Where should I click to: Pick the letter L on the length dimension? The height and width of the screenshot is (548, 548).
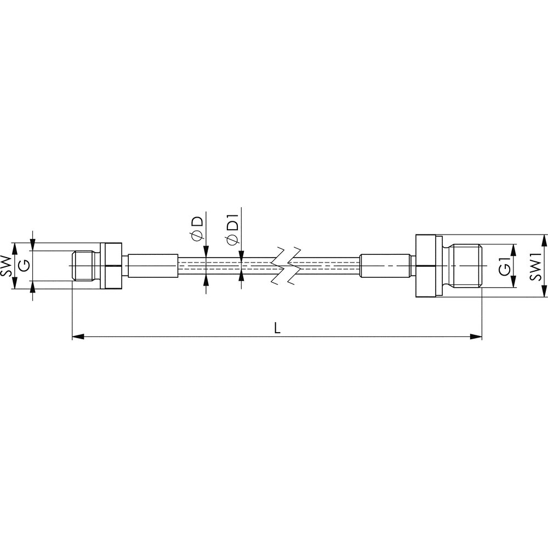click(277, 328)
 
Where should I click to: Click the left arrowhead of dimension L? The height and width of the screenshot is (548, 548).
click(78, 336)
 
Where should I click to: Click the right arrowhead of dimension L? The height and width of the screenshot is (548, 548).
click(476, 336)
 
